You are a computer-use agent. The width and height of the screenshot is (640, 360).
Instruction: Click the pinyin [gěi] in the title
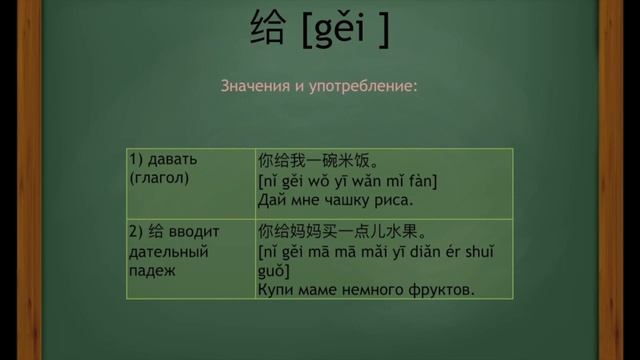pos(344,31)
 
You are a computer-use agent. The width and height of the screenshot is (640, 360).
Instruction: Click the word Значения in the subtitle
pos(256,86)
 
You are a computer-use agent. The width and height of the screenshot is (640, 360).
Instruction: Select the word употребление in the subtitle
pos(365,86)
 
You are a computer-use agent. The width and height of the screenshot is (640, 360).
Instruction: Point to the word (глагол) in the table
pos(159,178)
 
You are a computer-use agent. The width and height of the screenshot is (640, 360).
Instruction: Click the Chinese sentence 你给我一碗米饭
pos(317,160)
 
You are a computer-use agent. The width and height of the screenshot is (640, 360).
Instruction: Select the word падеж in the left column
pos(152,270)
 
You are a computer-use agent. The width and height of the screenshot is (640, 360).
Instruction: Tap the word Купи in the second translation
pos(275,290)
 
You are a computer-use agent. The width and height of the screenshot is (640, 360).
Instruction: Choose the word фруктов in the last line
pos(440,290)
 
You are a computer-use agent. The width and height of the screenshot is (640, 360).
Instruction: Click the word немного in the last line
pos(376,290)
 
